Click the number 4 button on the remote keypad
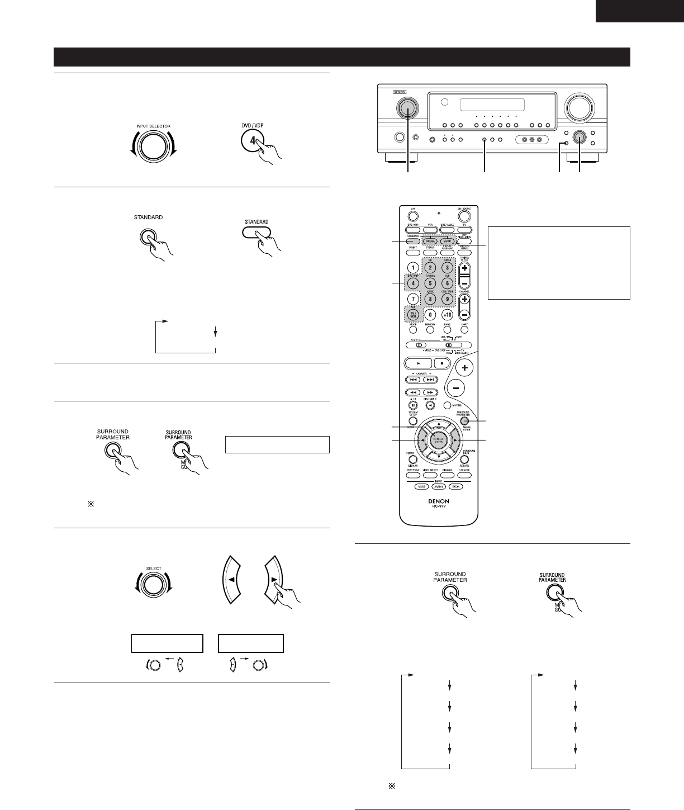(413, 283)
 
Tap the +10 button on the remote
(448, 315)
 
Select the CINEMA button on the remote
(430, 241)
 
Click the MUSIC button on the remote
(447, 241)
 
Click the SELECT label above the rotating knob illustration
(154, 568)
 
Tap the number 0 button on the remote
(430, 315)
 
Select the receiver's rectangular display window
(492, 106)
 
